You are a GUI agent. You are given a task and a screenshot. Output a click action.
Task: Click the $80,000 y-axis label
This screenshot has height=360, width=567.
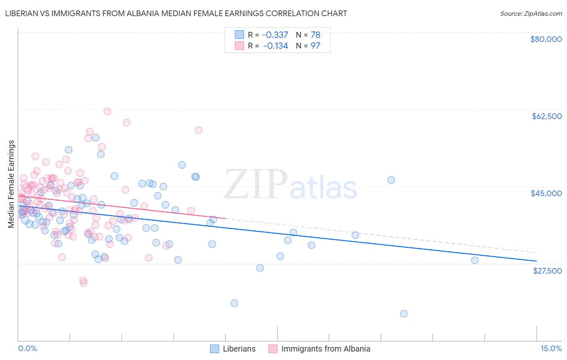(x=546, y=39)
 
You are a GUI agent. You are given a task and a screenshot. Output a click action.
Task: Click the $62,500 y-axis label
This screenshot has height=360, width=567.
(x=547, y=116)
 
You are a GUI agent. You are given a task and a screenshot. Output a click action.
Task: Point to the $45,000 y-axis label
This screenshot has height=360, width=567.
(x=546, y=193)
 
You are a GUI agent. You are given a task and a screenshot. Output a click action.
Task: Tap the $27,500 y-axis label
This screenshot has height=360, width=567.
(x=547, y=271)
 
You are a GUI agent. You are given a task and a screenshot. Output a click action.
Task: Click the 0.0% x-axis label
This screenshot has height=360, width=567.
(x=27, y=349)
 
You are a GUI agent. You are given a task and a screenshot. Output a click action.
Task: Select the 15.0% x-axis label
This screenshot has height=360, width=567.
(x=551, y=349)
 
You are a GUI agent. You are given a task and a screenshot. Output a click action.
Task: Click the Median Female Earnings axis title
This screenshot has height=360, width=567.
(x=11, y=184)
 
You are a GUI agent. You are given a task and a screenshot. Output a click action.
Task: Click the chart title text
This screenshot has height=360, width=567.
(x=176, y=13)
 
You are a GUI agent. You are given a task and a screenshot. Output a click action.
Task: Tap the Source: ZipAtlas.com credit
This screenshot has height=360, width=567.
(x=531, y=13)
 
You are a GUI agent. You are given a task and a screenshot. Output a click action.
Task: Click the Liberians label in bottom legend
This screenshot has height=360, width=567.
(x=239, y=349)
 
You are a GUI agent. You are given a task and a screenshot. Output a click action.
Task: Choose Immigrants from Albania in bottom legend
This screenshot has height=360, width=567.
(x=325, y=349)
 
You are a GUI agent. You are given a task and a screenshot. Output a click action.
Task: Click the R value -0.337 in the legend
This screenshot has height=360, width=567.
(x=275, y=35)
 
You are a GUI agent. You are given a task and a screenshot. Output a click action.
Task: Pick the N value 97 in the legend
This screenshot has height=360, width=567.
(x=315, y=46)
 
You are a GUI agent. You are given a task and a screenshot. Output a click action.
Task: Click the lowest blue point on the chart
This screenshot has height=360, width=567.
(x=404, y=314)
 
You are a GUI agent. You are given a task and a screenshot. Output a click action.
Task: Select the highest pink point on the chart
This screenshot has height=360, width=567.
(x=107, y=111)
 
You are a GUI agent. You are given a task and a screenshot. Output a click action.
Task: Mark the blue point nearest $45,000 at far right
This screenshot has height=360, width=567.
(x=391, y=180)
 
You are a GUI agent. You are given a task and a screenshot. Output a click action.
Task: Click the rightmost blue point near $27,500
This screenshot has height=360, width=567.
(x=475, y=260)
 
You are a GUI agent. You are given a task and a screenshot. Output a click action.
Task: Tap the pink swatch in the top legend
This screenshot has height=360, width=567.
(x=239, y=46)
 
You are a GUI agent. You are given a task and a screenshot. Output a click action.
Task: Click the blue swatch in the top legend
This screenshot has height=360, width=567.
(x=239, y=35)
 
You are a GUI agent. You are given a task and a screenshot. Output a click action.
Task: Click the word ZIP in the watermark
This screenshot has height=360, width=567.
(x=255, y=184)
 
